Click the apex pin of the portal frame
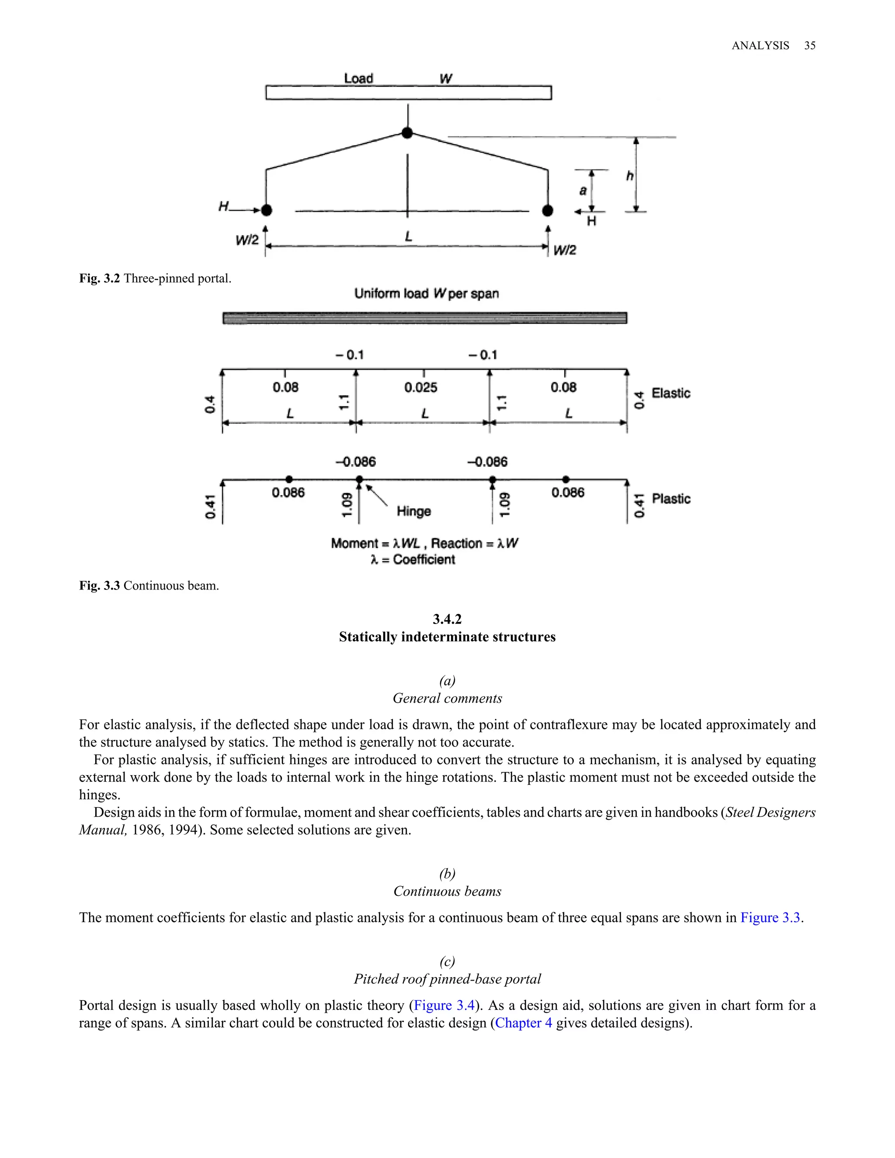tap(407, 132)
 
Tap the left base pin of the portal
tap(267, 210)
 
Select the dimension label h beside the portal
tap(629, 176)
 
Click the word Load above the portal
tap(358, 79)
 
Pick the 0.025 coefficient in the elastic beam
tap(420, 388)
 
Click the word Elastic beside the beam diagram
tap(671, 393)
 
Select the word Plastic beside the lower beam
tap(671, 499)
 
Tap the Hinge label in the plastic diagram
tap(413, 511)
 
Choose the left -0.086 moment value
tap(356, 462)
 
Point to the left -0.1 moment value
tap(350, 355)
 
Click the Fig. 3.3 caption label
tap(99, 586)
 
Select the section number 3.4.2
tap(447, 619)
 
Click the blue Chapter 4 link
tap(523, 1023)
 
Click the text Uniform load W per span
tap(426, 293)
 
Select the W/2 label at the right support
tap(565, 250)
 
